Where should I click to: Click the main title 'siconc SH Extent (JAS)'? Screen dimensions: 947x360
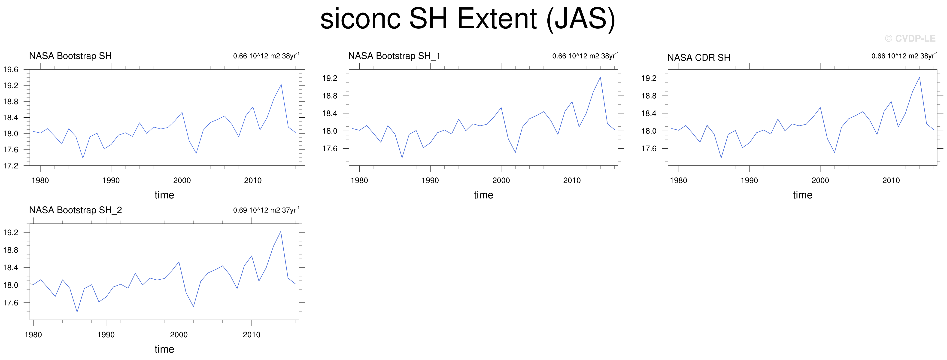click(x=468, y=19)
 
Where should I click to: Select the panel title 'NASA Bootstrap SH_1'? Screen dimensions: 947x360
click(x=394, y=56)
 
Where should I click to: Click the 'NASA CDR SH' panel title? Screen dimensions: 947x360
click(x=698, y=58)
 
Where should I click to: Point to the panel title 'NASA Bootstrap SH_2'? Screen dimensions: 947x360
click(x=75, y=210)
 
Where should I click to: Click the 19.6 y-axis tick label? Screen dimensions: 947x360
click(x=11, y=70)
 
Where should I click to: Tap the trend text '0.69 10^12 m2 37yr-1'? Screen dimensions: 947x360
click(x=266, y=210)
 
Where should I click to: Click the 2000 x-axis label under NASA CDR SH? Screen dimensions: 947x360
click(x=820, y=180)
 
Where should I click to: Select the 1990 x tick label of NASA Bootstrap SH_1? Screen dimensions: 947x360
click(x=430, y=180)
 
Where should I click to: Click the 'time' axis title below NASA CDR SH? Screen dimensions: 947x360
click(x=802, y=195)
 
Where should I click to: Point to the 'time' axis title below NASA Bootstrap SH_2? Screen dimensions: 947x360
click(x=164, y=349)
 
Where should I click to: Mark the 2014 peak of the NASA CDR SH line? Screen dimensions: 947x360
click(x=920, y=77)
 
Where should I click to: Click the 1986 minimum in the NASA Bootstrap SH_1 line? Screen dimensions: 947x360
click(x=402, y=158)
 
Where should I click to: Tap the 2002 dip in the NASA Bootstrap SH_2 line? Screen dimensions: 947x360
click(x=193, y=306)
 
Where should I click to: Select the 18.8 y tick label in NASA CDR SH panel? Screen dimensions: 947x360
click(x=649, y=96)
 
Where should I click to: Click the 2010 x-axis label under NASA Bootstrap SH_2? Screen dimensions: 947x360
click(x=252, y=335)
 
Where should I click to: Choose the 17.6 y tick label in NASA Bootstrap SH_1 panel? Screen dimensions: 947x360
click(x=330, y=149)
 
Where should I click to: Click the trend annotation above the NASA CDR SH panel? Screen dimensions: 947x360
click(x=904, y=56)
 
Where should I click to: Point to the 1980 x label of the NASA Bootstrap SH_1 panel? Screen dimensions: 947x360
click(x=359, y=180)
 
